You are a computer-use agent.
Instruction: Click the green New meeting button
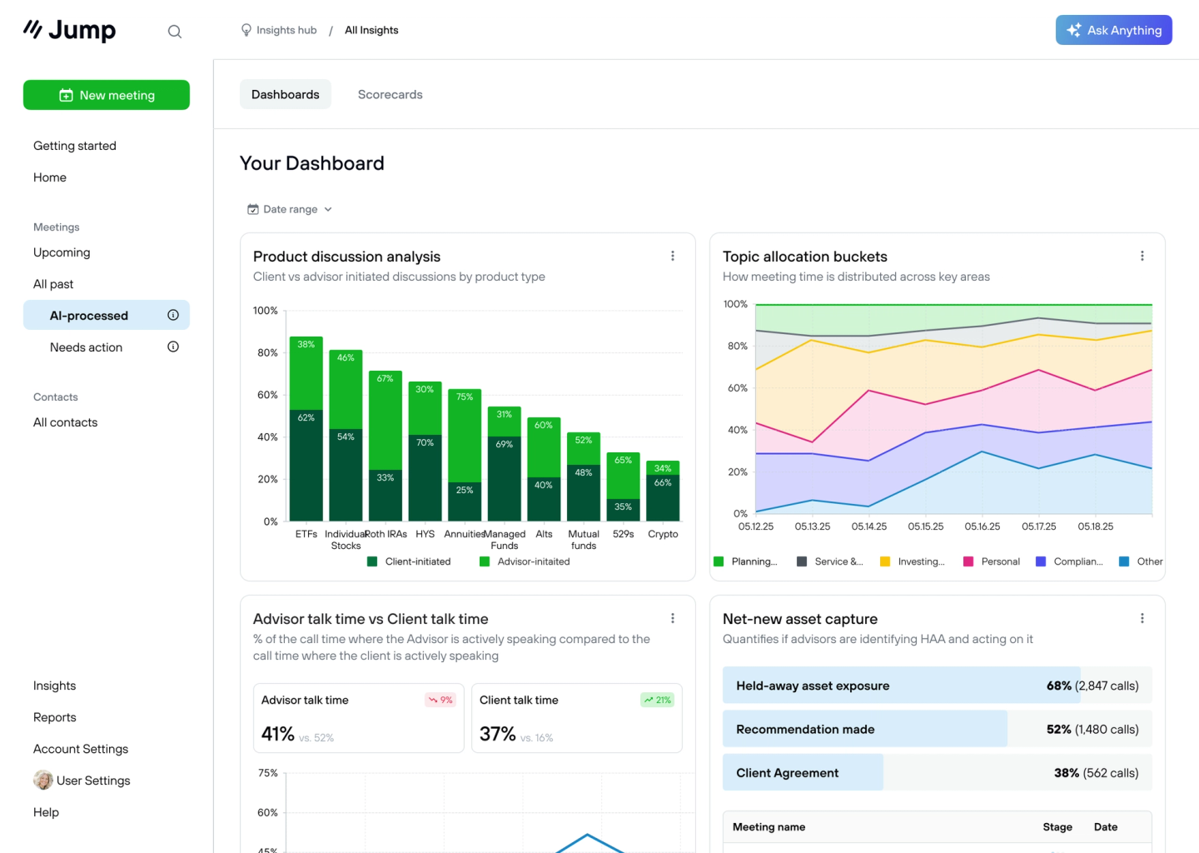click(x=107, y=95)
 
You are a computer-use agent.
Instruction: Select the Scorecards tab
click(x=390, y=94)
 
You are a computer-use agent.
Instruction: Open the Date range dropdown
click(x=290, y=209)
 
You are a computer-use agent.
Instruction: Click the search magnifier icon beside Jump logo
click(x=175, y=32)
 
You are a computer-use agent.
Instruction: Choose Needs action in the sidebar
click(x=86, y=347)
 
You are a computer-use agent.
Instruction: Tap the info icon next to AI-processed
click(x=173, y=315)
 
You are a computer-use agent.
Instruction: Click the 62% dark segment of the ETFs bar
click(x=306, y=464)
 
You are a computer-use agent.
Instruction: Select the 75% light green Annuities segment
click(x=465, y=436)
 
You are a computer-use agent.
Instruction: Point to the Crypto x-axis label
click(x=663, y=534)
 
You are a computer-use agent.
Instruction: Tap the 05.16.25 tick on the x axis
click(x=983, y=526)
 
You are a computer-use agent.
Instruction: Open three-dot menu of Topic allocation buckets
click(x=1142, y=256)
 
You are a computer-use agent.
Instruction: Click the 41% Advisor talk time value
click(x=278, y=734)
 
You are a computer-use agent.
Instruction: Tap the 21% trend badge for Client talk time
click(x=658, y=700)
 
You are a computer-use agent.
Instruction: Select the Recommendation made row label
click(x=805, y=729)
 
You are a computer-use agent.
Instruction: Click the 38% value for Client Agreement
click(x=1067, y=773)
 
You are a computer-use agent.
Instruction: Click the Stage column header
click(x=1057, y=827)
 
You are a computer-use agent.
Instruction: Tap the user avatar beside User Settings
click(x=43, y=781)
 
